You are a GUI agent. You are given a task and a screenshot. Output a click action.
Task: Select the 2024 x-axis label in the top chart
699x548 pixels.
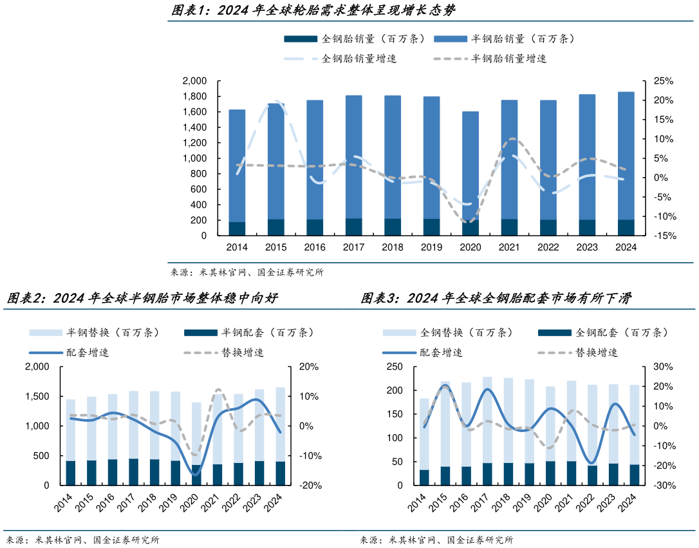point(625,247)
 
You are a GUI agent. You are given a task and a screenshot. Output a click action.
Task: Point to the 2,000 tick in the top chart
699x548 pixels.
point(194,81)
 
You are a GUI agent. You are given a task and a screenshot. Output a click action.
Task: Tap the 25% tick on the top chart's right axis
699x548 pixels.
point(663,81)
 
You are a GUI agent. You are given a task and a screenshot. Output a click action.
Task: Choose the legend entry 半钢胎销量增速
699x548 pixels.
point(508,59)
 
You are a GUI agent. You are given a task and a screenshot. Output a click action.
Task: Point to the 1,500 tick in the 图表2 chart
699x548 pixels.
point(37,397)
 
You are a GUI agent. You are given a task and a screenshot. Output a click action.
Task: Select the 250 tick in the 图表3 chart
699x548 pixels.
point(394,367)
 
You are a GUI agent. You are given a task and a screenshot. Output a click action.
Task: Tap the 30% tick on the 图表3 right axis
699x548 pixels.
point(663,367)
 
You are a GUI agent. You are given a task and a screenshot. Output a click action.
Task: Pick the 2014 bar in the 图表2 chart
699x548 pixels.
point(71,442)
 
